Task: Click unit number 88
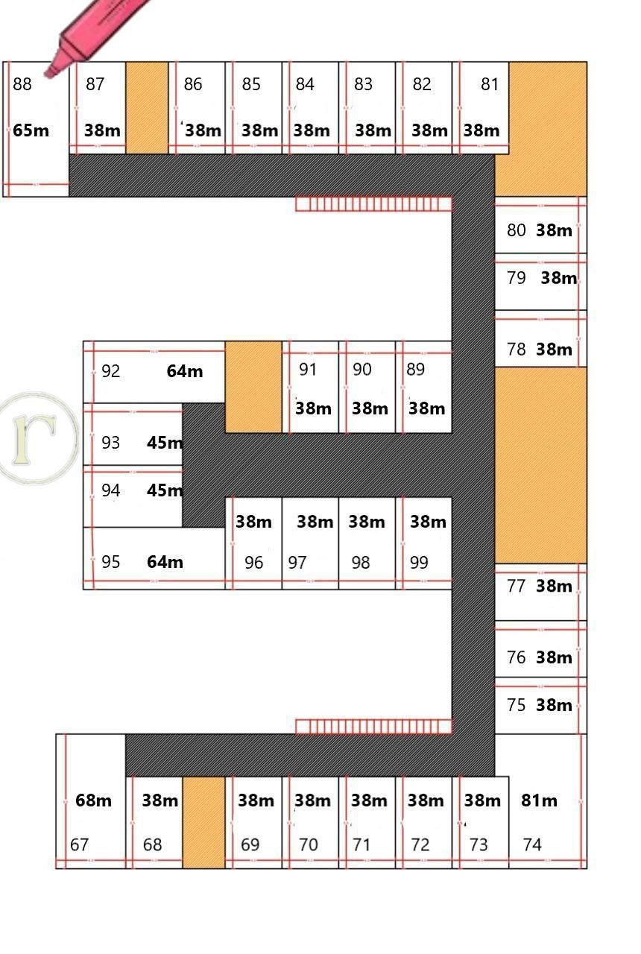(22, 84)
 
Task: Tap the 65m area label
(31, 130)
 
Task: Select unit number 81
(490, 84)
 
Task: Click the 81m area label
(539, 800)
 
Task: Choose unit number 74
(532, 845)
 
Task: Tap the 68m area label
(93, 800)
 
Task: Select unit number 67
(79, 845)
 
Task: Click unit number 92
(111, 371)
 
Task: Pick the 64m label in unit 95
(165, 562)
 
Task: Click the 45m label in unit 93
(165, 443)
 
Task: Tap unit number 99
(419, 563)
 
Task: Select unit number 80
(517, 230)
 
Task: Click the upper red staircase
(373, 204)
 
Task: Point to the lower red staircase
(373, 727)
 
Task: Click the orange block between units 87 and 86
(147, 108)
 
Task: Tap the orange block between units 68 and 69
(203, 822)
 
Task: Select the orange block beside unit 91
(253, 387)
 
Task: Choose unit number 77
(517, 587)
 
